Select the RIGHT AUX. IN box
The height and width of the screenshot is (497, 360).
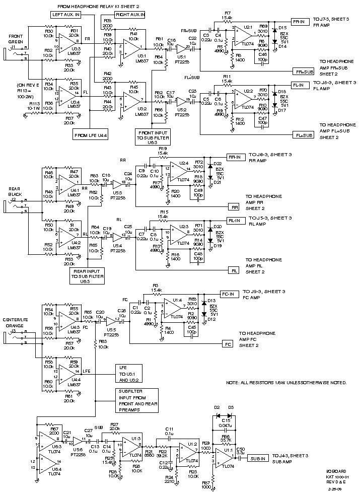pos(130,15)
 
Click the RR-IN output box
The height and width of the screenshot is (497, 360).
pos(234,157)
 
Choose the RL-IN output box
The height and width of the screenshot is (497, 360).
pos(234,220)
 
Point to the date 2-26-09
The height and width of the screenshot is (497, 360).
pos(335,488)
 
